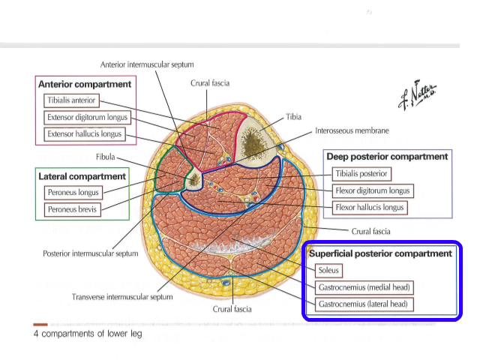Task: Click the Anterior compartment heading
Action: (x=85, y=84)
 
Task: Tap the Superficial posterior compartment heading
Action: (x=381, y=253)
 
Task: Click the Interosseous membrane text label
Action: (x=352, y=130)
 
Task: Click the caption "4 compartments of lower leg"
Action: (x=88, y=334)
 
